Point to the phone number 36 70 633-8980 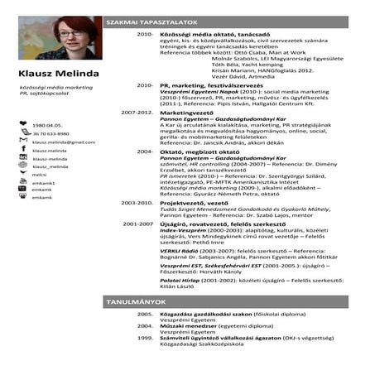(50, 133)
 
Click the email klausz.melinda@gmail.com (63, 142)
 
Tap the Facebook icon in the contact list (23, 151)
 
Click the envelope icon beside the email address (23, 142)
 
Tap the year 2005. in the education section (145, 315)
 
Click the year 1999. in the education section (145, 338)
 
